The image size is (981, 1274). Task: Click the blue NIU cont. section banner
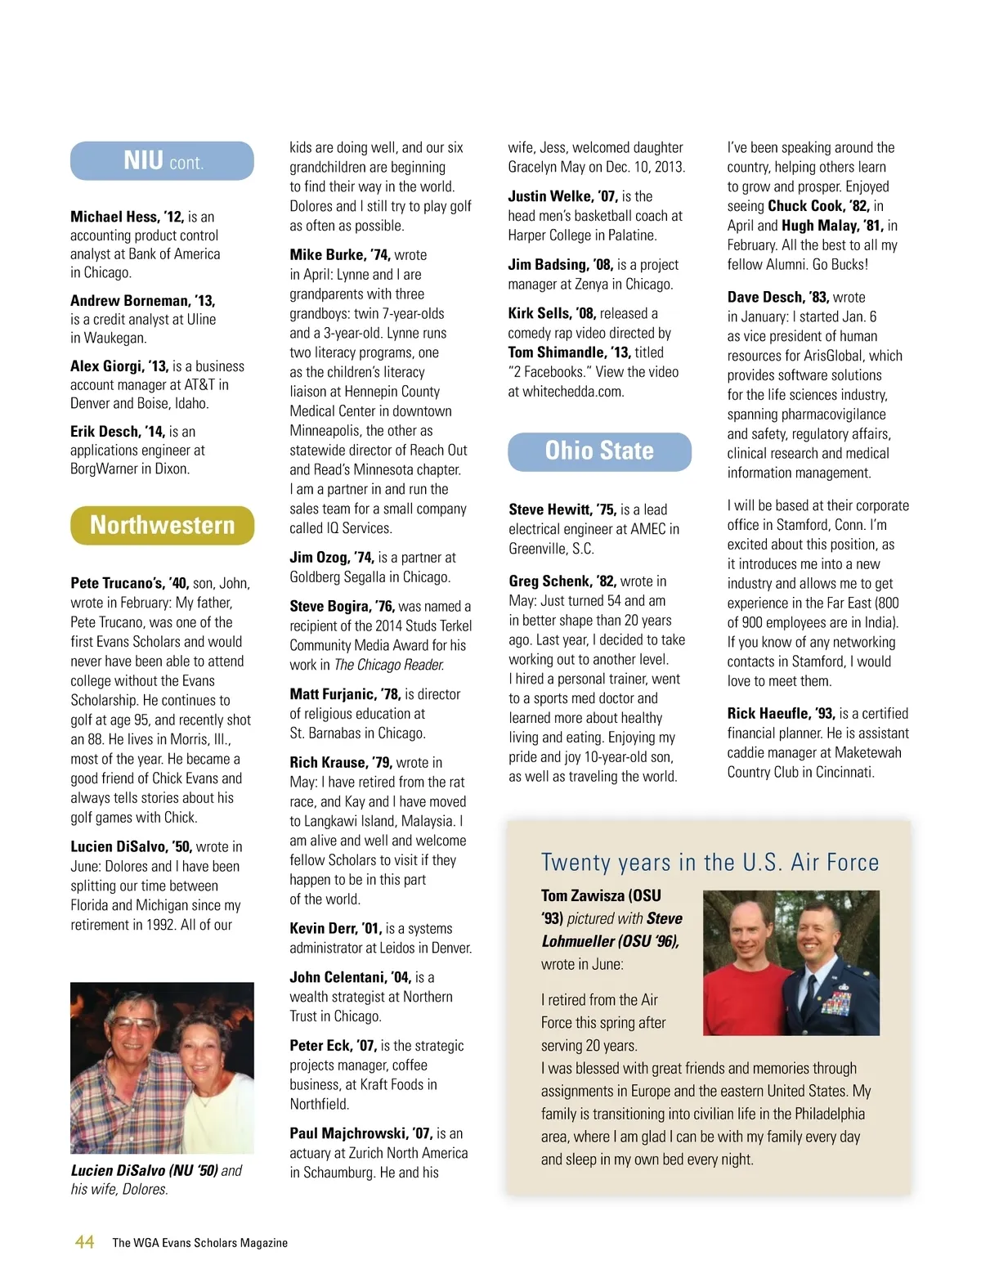pyautogui.click(x=162, y=161)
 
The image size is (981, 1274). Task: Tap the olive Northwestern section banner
pyautogui.click(x=162, y=525)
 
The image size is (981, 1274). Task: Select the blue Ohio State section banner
pyautogui.click(x=599, y=451)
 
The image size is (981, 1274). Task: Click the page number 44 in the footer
pyautogui.click(x=84, y=1242)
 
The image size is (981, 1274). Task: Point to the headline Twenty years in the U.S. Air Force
pyautogui.click(x=710, y=863)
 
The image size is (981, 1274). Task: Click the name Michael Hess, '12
pyautogui.click(x=127, y=217)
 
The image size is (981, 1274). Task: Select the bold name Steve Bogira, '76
pyautogui.click(x=342, y=606)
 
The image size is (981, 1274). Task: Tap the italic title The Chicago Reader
pyautogui.click(x=389, y=665)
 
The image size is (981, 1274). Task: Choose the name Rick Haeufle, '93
pyautogui.click(x=781, y=713)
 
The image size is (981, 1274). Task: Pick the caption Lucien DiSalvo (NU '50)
pyautogui.click(x=144, y=1170)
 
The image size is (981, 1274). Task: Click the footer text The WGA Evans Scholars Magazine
pyautogui.click(x=199, y=1243)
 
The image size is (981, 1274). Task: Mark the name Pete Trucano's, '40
pyautogui.click(x=129, y=583)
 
